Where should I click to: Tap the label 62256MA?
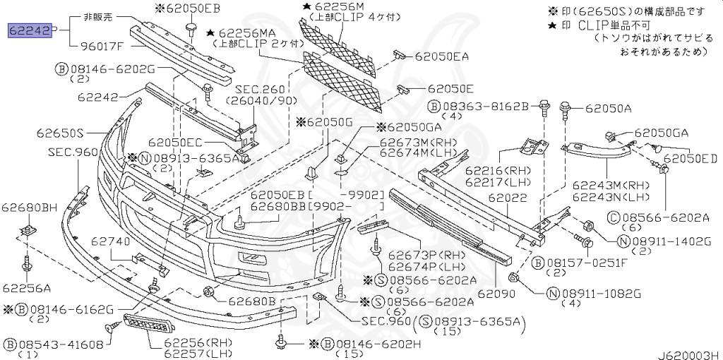click(x=248, y=32)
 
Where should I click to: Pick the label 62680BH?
click(x=29, y=208)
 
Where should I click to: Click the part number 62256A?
click(x=26, y=287)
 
